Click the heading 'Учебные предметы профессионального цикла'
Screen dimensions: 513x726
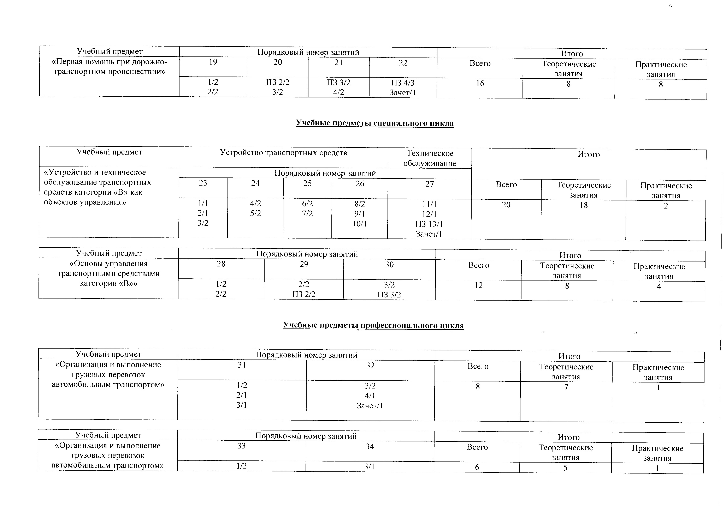click(373, 325)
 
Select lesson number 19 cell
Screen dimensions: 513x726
click(213, 62)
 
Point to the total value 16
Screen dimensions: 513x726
click(480, 83)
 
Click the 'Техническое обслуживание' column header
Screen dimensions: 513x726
click(430, 158)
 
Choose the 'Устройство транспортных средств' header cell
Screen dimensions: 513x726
click(283, 153)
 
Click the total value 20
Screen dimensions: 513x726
click(506, 205)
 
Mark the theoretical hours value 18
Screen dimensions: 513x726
click(583, 205)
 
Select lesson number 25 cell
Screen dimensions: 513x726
click(307, 183)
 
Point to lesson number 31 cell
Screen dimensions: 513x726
click(242, 365)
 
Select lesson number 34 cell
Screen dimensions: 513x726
click(370, 446)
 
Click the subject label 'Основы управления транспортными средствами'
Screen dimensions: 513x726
click(108, 273)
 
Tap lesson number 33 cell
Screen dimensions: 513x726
click(241, 446)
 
